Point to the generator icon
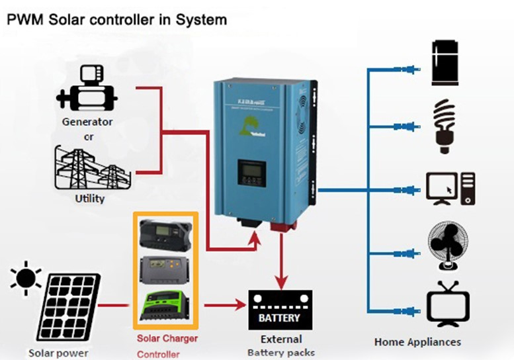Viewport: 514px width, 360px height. click(x=87, y=89)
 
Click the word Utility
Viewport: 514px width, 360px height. click(x=90, y=198)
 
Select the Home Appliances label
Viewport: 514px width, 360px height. click(x=417, y=342)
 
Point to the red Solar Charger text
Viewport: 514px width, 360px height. click(x=167, y=339)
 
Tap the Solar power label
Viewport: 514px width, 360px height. click(x=58, y=353)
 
